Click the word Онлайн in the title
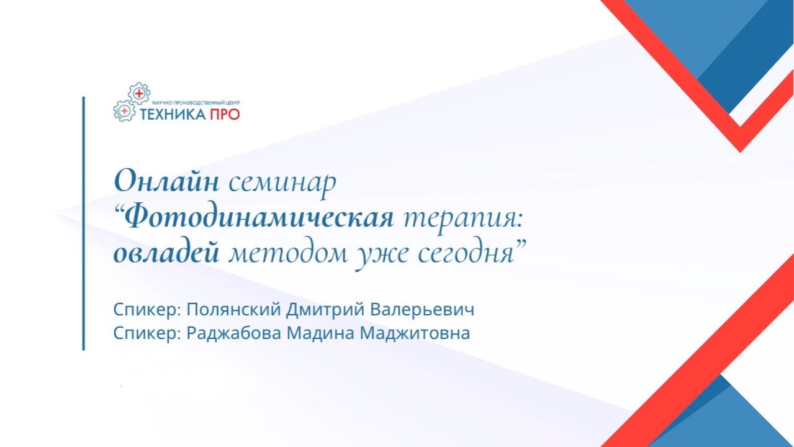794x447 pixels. [x=166, y=182]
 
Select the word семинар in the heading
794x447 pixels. [x=282, y=183]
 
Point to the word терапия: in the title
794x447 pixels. [x=465, y=219]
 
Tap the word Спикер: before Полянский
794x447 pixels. [x=147, y=309]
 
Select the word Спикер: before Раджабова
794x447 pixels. [x=147, y=333]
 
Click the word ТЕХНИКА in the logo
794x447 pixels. [x=171, y=114]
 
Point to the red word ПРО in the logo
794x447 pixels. [x=223, y=114]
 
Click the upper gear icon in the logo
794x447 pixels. [x=139, y=93]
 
